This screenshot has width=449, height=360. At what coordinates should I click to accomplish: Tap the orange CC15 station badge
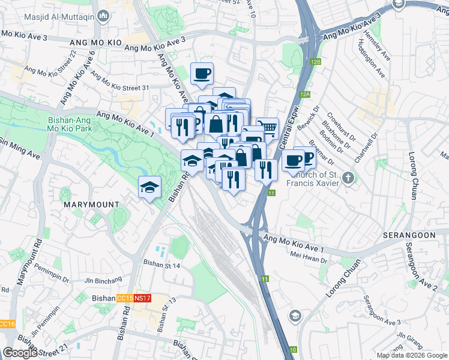pyautogui.click(x=125, y=298)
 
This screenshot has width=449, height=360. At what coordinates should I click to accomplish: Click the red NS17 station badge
pyautogui.click(x=142, y=298)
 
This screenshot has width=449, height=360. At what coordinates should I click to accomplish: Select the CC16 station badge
pyautogui.click(x=6, y=325)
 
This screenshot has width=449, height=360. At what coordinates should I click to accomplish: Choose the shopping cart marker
pyautogui.click(x=268, y=127)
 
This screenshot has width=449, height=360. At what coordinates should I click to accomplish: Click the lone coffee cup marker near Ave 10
pyautogui.click(x=202, y=74)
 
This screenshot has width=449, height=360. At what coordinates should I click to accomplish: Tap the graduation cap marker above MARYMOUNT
pyautogui.click(x=149, y=187)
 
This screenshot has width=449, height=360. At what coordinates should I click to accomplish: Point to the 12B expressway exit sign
pyautogui.click(x=316, y=62)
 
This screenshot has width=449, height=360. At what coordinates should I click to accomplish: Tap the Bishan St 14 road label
pyautogui.click(x=161, y=262)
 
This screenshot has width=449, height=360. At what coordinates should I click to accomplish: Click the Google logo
pyautogui.click(x=20, y=353)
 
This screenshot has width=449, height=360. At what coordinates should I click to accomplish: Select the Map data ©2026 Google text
pyautogui.click(x=412, y=355)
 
